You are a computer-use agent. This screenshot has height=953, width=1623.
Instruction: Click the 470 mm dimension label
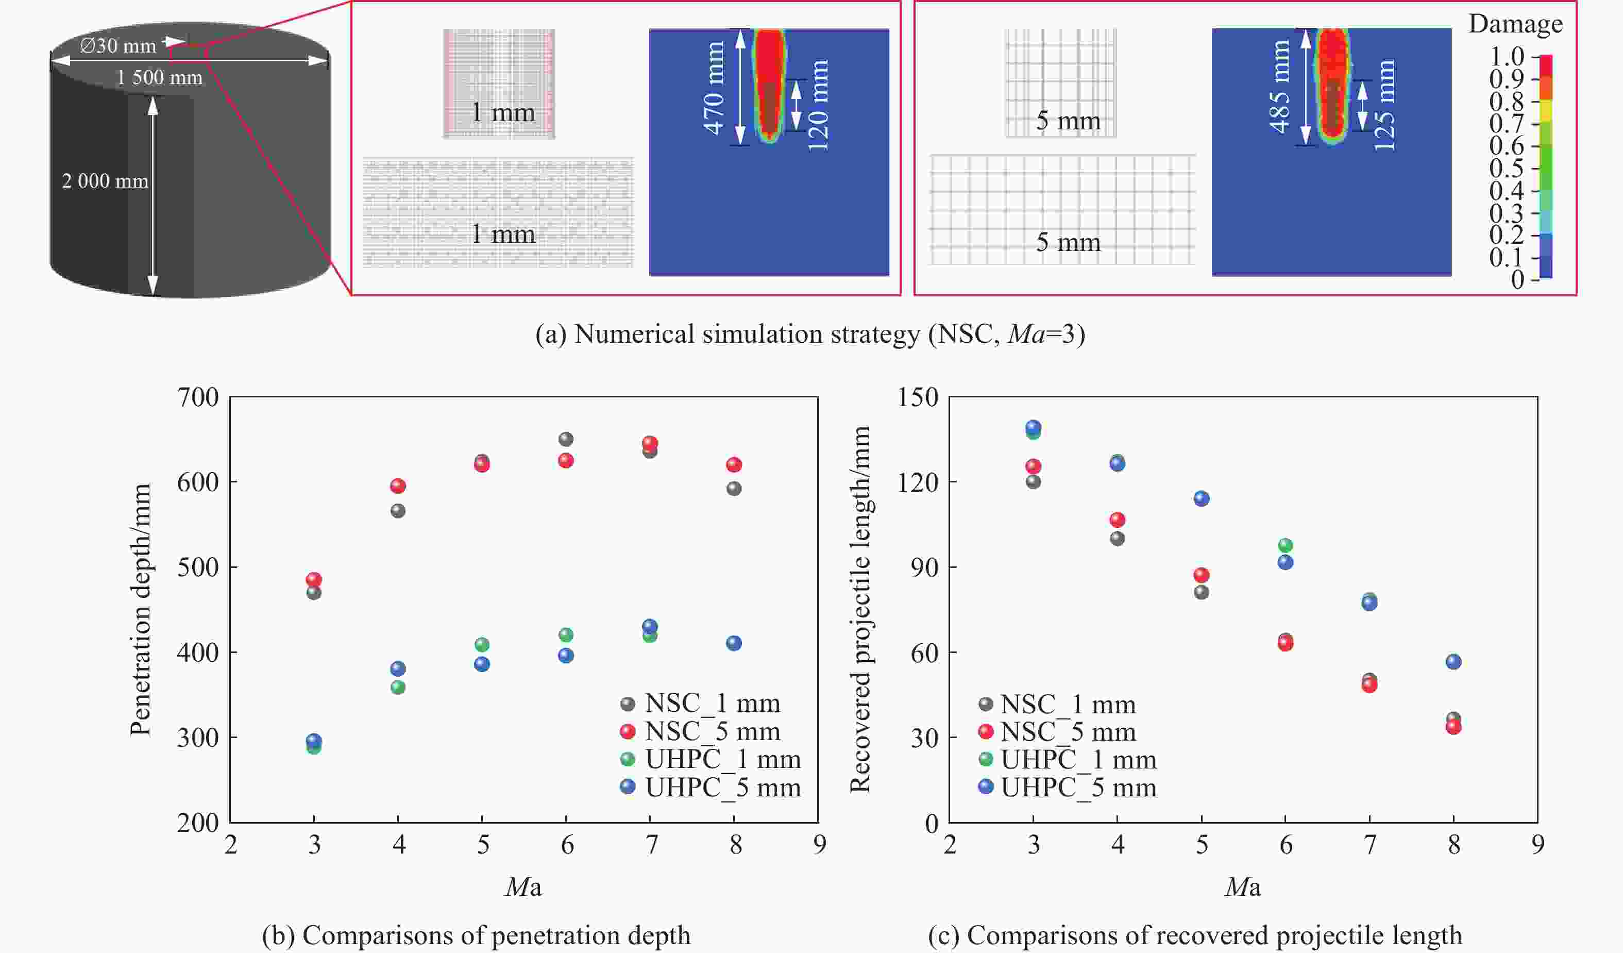click(714, 88)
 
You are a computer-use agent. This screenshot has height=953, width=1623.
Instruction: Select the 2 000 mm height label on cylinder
click(105, 181)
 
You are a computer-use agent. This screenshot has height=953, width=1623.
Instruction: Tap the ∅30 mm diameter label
click(118, 46)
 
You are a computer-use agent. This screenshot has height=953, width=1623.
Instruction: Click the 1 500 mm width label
click(159, 78)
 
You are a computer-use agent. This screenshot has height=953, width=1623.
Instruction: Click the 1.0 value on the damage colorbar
click(1507, 57)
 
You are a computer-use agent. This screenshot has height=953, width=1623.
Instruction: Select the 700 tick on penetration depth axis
click(198, 397)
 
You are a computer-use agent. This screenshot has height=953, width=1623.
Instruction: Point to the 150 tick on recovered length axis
click(918, 397)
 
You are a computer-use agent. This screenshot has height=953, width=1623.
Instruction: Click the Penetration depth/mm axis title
click(140, 609)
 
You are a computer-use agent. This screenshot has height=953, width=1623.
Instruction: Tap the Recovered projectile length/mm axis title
click(860, 609)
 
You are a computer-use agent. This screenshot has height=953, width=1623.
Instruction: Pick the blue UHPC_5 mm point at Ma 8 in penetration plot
click(734, 643)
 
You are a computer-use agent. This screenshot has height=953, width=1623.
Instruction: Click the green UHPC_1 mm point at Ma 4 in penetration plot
click(398, 687)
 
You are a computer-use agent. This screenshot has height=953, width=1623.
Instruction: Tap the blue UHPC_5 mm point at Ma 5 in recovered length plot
click(1202, 498)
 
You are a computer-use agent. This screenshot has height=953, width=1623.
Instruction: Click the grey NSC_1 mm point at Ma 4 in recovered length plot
click(1118, 538)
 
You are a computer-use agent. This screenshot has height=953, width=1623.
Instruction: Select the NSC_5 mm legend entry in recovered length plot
click(1057, 732)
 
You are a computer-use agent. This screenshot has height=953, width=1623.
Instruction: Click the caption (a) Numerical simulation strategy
click(810, 335)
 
